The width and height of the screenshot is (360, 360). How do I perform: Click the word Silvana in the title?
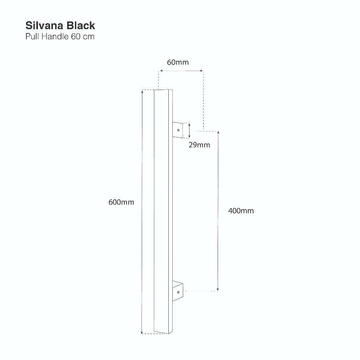(44, 25)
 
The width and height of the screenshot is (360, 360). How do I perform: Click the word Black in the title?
(81, 25)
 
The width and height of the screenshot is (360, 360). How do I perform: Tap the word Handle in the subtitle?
(55, 37)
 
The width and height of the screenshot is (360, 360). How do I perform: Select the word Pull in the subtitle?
(32, 37)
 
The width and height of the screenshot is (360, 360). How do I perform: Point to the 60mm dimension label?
(178, 62)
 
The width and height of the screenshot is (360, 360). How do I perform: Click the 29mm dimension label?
(199, 145)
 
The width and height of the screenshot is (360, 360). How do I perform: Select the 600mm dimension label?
(121, 202)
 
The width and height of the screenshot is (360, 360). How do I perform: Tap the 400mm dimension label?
(241, 211)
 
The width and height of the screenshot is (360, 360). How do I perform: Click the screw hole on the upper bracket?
(178, 130)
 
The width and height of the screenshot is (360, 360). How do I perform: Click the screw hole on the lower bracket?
(178, 292)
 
